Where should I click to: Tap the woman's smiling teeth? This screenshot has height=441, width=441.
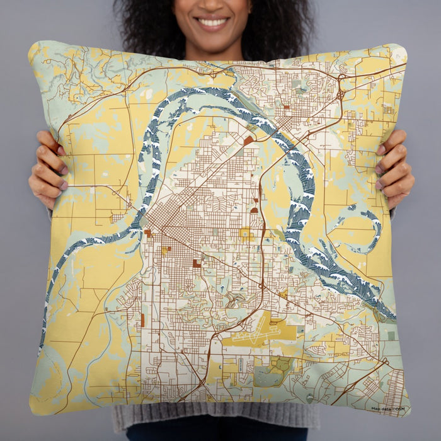pos(212,23)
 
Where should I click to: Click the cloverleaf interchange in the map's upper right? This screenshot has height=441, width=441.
pos(341,95)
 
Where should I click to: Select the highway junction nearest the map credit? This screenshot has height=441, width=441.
pos(382,363)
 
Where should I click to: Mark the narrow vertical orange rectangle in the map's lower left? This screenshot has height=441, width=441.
pos(142,320)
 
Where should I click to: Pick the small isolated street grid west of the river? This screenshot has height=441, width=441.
pos(118,217)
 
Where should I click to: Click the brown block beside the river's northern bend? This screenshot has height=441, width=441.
pos(249,140)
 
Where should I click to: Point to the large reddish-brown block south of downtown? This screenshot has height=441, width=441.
pos(197,263)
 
